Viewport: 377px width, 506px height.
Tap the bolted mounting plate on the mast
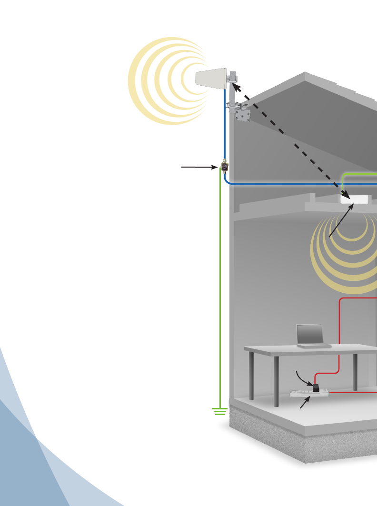tap(243, 115)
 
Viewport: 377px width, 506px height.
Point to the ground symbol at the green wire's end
tap(219, 411)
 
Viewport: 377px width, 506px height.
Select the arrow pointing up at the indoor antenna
tap(341, 221)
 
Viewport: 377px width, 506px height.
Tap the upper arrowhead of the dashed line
tap(236, 87)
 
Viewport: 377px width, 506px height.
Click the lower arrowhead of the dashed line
tap(346, 194)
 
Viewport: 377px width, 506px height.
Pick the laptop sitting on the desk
tap(312, 337)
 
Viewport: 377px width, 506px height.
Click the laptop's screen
tap(310, 334)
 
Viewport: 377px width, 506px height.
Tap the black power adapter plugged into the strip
tap(315, 388)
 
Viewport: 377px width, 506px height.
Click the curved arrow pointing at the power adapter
tap(303, 377)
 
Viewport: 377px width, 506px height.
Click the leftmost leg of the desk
tap(251, 376)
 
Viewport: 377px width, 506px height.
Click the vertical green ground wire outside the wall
tap(220, 286)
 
